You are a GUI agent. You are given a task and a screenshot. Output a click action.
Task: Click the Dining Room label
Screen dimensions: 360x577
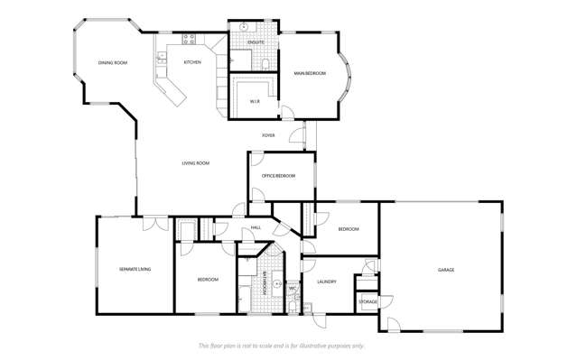pyautogui.click(x=113, y=62)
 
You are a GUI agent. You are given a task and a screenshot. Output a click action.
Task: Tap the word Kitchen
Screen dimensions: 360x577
pyautogui.click(x=192, y=62)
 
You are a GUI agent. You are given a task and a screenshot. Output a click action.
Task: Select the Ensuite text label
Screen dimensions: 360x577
pyautogui.click(x=256, y=42)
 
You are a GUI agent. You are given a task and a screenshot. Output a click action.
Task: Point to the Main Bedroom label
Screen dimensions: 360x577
pyautogui.click(x=310, y=72)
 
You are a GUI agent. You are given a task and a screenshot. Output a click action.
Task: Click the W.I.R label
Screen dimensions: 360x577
pyautogui.click(x=256, y=101)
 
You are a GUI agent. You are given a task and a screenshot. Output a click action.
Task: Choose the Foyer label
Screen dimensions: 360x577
pyautogui.click(x=268, y=135)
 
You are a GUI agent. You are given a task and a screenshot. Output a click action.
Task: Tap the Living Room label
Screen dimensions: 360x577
pyautogui.click(x=196, y=163)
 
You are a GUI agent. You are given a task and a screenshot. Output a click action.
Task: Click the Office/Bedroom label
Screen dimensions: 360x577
pyautogui.click(x=279, y=175)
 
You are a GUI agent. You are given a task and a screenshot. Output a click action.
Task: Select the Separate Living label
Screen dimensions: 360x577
pyautogui.click(x=135, y=269)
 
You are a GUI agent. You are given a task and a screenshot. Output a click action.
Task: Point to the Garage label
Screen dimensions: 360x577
pyautogui.click(x=446, y=270)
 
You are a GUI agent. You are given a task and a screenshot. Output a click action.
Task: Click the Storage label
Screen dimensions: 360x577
pyautogui.click(x=368, y=301)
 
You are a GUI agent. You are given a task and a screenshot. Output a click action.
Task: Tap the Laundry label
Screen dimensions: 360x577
pyautogui.click(x=326, y=282)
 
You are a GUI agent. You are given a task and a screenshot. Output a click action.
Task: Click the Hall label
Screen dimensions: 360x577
pyautogui.click(x=256, y=227)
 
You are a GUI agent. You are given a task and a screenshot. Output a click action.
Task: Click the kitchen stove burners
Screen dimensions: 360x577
pyautogui.click(x=190, y=39)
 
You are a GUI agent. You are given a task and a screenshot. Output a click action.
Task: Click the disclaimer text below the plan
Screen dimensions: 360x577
pyautogui.click(x=281, y=346)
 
